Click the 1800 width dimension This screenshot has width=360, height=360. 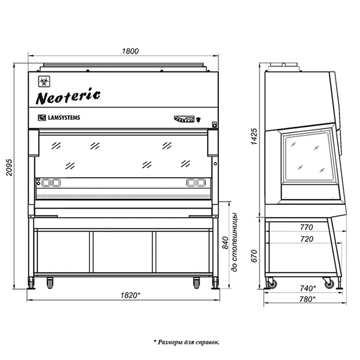point(130,51)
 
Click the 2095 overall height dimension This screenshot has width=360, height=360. point(9,167)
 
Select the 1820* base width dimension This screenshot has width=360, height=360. point(130,295)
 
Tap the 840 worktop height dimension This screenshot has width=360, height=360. point(226,242)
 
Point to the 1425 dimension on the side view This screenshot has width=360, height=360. point(254,136)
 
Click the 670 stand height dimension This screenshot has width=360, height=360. point(254,256)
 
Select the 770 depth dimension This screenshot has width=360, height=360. point(307,227)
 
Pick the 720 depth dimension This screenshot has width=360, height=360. point(307,239)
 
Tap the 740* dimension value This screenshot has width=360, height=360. point(308,288)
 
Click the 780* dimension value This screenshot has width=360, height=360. point(308,299)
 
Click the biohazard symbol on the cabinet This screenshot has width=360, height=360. point(44,82)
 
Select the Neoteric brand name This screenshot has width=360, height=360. point(68,96)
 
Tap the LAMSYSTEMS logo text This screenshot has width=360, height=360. point(64,118)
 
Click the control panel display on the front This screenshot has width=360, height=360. point(184,119)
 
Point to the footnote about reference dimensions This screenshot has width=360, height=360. point(186,343)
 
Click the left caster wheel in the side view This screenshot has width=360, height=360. point(272,283)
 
